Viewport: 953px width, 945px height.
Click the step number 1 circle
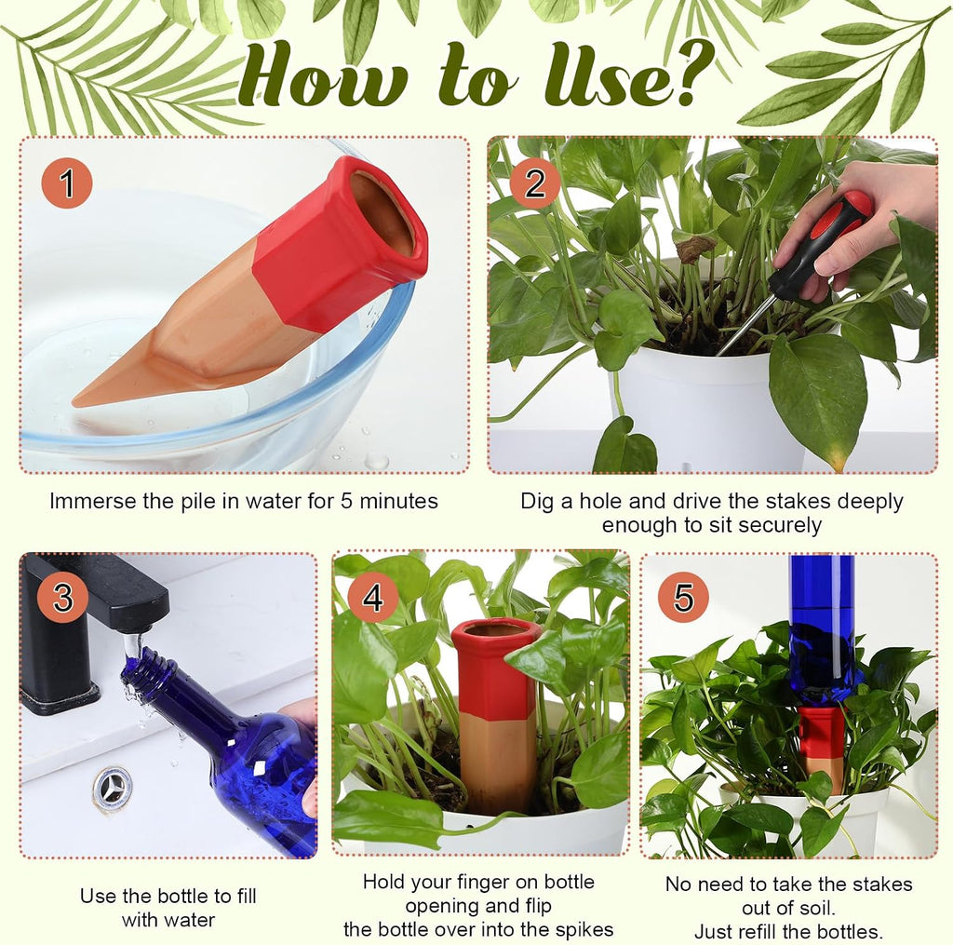(x=67, y=183)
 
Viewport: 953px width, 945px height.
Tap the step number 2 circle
(x=534, y=183)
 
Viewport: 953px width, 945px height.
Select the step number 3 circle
(x=63, y=597)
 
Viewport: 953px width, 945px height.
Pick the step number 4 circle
(x=373, y=597)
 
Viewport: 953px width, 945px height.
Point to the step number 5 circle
(x=683, y=597)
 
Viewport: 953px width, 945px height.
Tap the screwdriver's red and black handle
(x=822, y=243)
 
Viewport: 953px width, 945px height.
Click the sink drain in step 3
(x=113, y=789)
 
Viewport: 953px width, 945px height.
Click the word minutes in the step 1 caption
(x=398, y=501)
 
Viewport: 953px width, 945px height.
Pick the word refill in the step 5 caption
(x=767, y=931)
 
